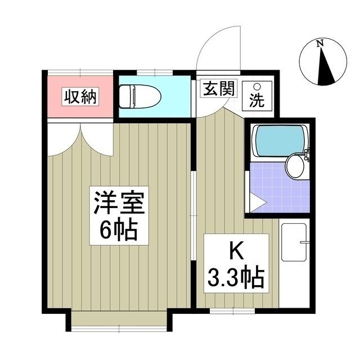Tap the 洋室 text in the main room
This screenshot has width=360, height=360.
[120, 203]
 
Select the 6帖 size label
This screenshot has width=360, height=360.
[119, 229]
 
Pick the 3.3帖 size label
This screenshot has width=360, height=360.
[235, 277]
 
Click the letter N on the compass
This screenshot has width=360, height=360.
[319, 43]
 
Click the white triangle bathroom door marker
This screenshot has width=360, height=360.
[256, 202]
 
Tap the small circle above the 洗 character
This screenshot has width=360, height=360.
[257, 87]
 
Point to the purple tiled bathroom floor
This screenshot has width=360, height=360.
[281, 191]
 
